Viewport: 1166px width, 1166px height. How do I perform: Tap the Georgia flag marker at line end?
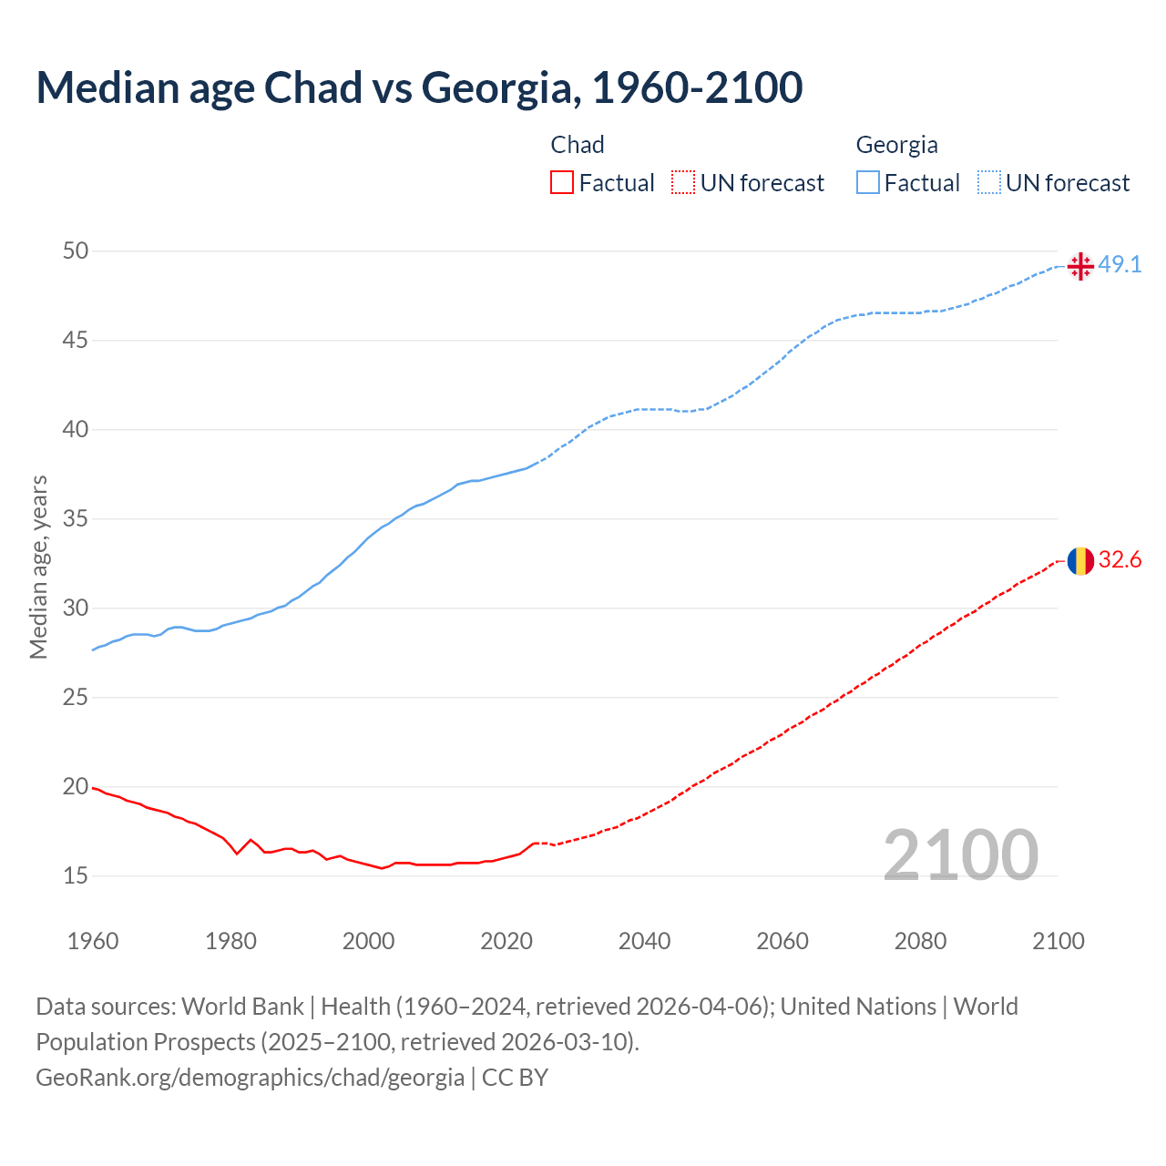tap(1080, 266)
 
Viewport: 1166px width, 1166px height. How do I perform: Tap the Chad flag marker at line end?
tap(1080, 561)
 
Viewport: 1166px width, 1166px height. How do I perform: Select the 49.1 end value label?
tap(1120, 265)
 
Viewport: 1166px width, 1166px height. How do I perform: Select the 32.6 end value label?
tap(1120, 560)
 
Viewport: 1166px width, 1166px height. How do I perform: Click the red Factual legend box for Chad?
tap(562, 183)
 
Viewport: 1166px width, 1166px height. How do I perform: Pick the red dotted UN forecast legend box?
tap(683, 183)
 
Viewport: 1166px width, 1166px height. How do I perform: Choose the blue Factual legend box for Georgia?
tap(868, 183)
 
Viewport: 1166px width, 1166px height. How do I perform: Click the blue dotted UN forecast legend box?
tap(989, 183)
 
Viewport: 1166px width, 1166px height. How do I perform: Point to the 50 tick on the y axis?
tap(76, 251)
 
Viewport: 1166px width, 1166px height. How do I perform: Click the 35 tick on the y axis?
tap(76, 519)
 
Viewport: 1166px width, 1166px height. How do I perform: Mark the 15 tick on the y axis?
tap(76, 876)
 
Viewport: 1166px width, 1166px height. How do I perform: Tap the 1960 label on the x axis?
tap(93, 941)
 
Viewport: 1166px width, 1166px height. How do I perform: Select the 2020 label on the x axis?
tap(506, 941)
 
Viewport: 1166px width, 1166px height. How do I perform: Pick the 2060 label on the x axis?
tap(782, 941)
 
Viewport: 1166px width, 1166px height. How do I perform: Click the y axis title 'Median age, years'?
tap(38, 567)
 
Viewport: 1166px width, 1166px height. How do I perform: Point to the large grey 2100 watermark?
tap(961, 854)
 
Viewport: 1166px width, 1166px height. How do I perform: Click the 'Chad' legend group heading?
tap(578, 145)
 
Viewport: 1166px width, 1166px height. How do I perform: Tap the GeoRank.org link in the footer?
tap(250, 1078)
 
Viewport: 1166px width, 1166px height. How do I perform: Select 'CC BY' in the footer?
tap(515, 1078)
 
